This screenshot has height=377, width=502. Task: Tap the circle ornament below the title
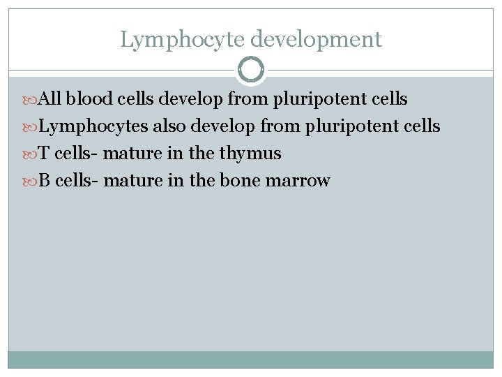pos(251,69)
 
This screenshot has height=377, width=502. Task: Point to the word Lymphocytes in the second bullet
pos(93,126)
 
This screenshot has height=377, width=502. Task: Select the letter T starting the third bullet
pos(43,154)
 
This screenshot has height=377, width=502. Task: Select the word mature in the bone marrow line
pos(134,181)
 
